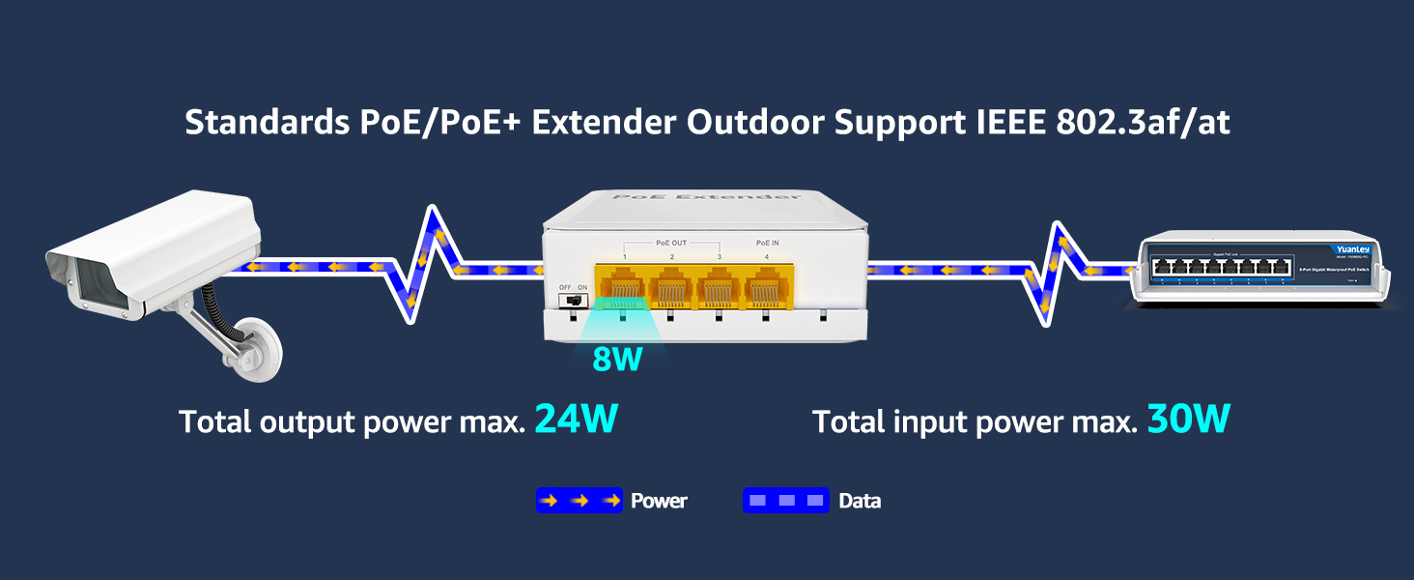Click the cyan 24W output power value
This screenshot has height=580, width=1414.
pyautogui.click(x=576, y=420)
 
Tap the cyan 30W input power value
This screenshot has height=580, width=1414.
pyautogui.click(x=1189, y=420)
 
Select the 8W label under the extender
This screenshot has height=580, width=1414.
pyautogui.click(x=617, y=359)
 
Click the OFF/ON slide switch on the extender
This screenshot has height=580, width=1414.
pyautogui.click(x=574, y=300)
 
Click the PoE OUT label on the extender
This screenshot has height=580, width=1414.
pyautogui.click(x=671, y=243)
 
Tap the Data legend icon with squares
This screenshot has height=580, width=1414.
pyautogui.click(x=785, y=501)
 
